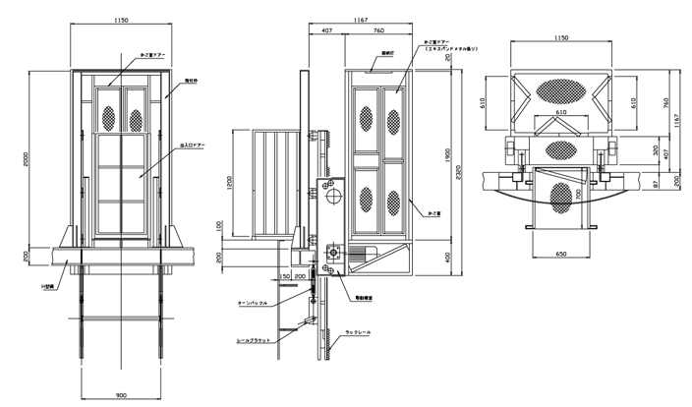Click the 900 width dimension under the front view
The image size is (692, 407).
121,394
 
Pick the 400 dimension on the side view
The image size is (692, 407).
445,258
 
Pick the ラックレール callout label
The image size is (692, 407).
355,336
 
